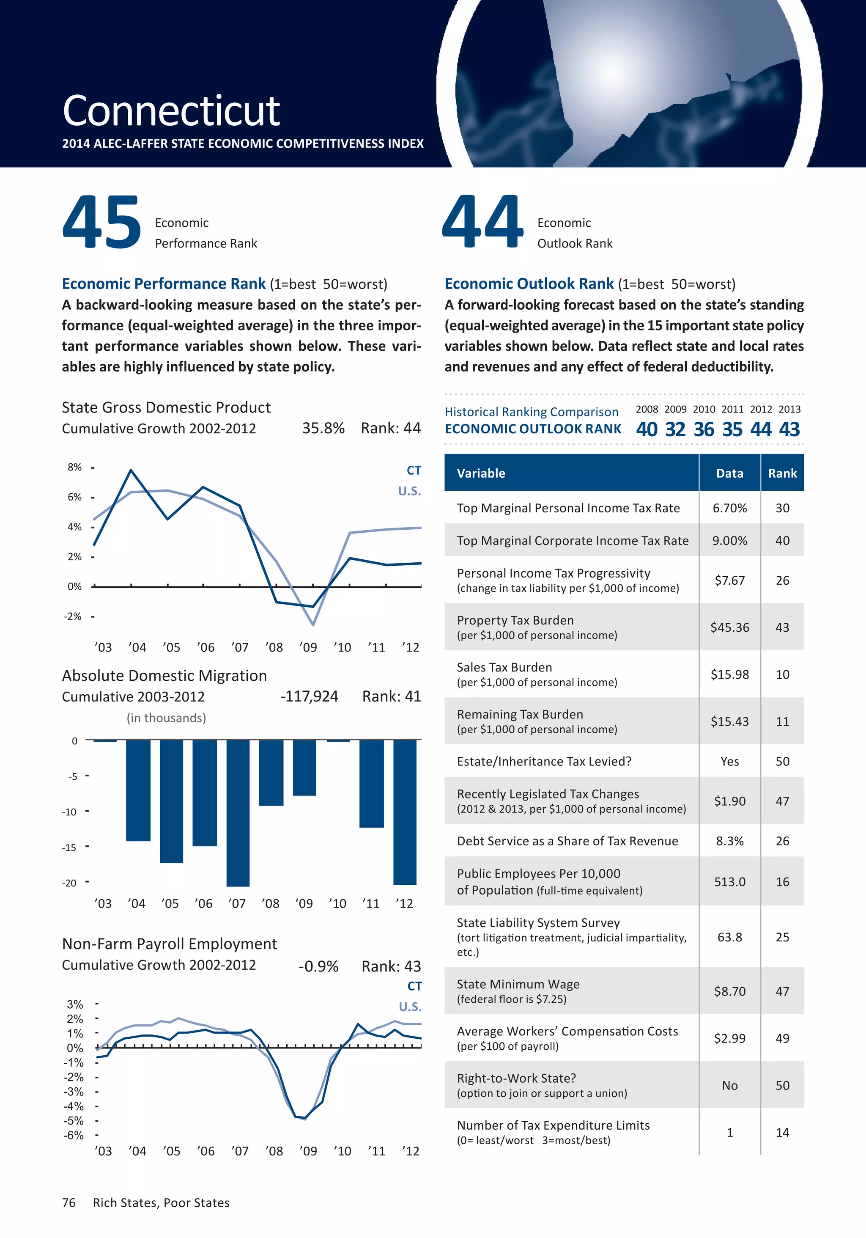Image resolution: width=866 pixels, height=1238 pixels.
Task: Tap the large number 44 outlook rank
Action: tap(482, 223)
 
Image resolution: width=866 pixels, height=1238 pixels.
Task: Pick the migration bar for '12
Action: tap(405, 812)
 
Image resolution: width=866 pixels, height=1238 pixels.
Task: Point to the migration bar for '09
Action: tap(304, 767)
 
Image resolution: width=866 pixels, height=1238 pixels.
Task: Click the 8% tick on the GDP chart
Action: tap(75, 468)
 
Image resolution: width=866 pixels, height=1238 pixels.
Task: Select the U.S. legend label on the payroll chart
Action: tap(410, 1007)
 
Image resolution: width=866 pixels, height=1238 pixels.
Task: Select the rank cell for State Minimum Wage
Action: tap(782, 991)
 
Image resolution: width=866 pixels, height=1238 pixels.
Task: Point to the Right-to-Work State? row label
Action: tap(516, 1078)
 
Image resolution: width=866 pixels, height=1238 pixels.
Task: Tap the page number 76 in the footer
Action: tap(69, 1203)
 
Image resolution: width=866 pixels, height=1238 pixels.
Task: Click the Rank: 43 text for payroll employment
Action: tap(391, 966)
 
